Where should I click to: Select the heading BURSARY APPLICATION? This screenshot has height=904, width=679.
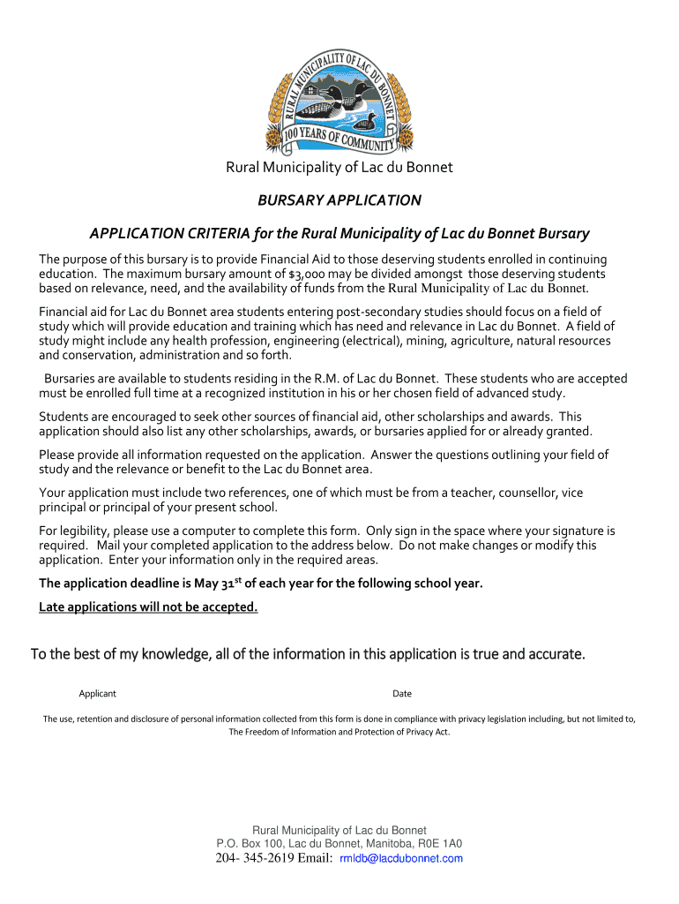[x=339, y=200]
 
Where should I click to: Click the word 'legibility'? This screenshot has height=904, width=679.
[x=82, y=531]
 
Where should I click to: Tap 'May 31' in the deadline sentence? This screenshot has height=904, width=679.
[x=244, y=584]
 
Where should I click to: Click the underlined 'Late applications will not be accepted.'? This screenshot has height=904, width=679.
[x=148, y=606]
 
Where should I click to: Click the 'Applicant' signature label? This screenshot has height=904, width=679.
[x=97, y=694]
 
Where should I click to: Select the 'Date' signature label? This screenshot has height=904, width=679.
[x=402, y=694]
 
